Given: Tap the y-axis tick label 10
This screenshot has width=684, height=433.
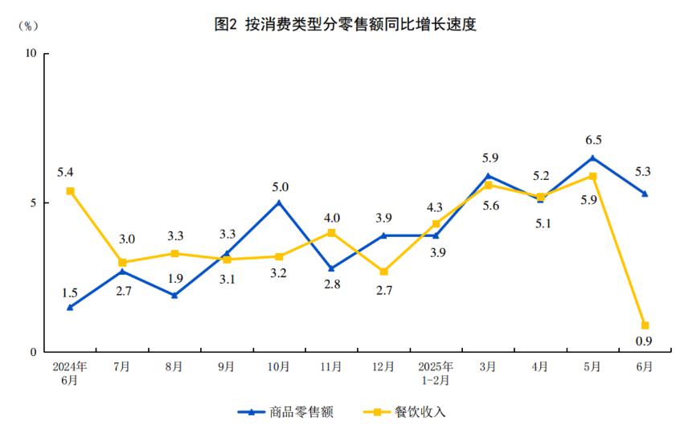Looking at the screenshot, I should coord(31,53).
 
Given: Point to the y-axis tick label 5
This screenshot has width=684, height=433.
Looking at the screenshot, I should coord(35,202).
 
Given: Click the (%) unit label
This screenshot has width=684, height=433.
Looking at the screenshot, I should coord(27,25).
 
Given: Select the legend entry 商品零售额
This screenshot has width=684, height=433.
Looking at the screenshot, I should coord(285,412).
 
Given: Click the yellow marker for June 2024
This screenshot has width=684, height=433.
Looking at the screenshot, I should coord(71,191).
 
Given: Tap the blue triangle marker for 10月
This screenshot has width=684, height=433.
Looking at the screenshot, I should coord(279,202).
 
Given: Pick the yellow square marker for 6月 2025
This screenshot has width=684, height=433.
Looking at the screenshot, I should coord(645,325).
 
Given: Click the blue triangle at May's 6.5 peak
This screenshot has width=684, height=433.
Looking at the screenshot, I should coord(592,157).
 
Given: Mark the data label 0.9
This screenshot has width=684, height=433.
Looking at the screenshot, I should coord(645,342).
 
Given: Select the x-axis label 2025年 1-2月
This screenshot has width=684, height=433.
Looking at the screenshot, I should coord(436,374).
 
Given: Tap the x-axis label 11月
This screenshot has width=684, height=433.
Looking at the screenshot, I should coord(331,367).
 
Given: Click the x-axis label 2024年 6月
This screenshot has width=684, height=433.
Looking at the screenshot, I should coord(71,374).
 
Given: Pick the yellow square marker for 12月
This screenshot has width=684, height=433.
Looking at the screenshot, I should coord(383,272).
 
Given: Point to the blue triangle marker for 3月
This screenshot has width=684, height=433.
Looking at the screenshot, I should coord(488,176).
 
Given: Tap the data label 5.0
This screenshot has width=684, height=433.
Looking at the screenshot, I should coord(279,186).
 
